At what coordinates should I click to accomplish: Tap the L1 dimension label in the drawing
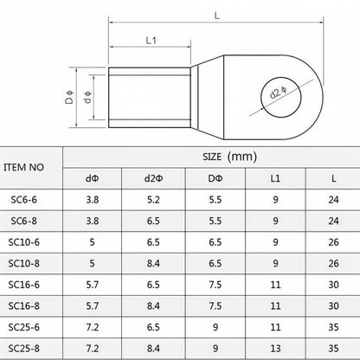coord(151,41)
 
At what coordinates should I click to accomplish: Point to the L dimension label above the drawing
coord(217,16)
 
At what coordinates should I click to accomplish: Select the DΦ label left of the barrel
coord(69,97)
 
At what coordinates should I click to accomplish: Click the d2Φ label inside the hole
coord(279,93)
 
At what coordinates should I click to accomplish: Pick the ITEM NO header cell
coord(23,167)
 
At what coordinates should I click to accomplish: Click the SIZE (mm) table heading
coord(229,157)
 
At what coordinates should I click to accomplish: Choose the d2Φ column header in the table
coord(153,178)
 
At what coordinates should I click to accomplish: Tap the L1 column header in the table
coord(275,178)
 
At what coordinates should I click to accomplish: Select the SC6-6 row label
coord(24,200)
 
